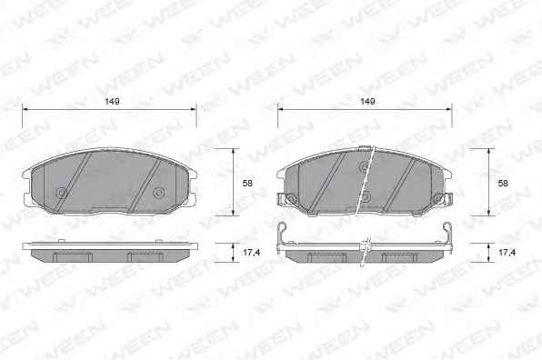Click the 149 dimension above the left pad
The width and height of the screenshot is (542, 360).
point(113,102)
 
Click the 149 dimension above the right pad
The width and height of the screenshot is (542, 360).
point(367,102)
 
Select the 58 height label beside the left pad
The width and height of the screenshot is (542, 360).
point(247,183)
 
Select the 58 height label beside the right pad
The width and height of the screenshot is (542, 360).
point(503,183)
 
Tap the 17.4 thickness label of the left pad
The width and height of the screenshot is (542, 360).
point(251,253)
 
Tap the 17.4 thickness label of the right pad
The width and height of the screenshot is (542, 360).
point(507,253)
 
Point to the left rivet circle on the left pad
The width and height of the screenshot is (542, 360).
point(62,193)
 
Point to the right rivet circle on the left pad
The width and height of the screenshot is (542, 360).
point(158,193)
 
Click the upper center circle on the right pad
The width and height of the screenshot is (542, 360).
point(364,167)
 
